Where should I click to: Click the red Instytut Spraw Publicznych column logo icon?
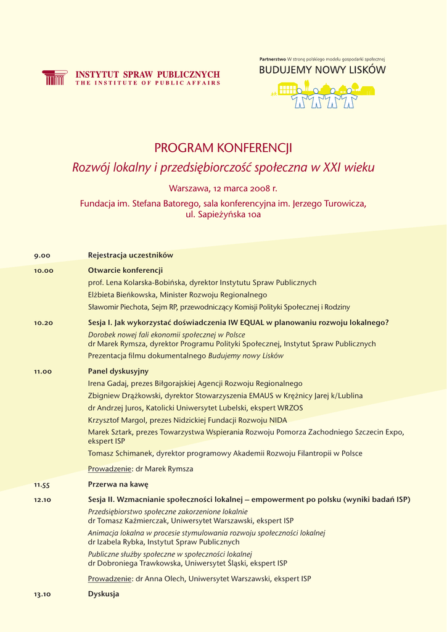coord(54,77)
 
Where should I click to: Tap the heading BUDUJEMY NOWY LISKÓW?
coord(322,70)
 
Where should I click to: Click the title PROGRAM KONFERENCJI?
coord(223,148)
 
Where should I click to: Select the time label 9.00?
coord(42,256)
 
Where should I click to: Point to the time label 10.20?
coord(43,323)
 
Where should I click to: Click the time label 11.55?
coord(43,485)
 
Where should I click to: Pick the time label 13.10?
coord(43,594)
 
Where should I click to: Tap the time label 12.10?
coord(43,500)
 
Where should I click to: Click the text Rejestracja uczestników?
coord(131,255)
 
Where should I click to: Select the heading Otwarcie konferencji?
coord(125,270)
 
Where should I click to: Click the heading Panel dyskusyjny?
coord(118,371)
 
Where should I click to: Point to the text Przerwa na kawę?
coord(118,484)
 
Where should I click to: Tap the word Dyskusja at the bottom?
coord(104,594)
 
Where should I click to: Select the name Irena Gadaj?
coord(107,383)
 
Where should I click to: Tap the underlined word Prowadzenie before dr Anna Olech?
coord(110,579)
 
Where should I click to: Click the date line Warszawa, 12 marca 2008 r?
coord(223,188)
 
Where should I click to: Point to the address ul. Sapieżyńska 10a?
coord(223,215)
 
